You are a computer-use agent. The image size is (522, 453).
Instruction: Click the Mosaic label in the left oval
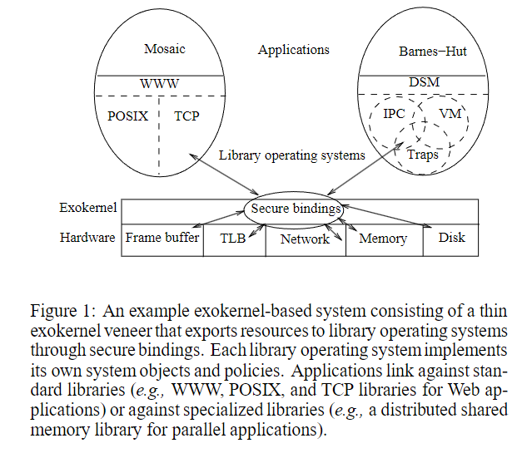click(x=165, y=49)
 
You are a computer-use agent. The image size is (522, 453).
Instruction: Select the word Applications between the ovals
click(x=293, y=50)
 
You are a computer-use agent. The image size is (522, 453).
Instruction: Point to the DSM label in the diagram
click(x=425, y=82)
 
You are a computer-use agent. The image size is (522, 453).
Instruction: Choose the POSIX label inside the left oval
click(x=128, y=116)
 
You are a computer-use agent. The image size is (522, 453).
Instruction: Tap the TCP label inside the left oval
click(x=186, y=116)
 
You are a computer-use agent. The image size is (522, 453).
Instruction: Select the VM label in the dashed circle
click(x=449, y=112)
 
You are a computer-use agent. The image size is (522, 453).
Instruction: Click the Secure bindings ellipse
click(x=296, y=209)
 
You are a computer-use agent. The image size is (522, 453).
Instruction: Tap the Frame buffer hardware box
click(x=162, y=238)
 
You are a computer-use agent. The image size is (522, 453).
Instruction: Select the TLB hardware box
click(x=232, y=239)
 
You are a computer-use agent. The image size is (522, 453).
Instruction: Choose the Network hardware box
click(x=305, y=239)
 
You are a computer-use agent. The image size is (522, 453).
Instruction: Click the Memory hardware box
click(x=383, y=239)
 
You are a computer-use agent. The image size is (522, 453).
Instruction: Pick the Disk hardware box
click(x=451, y=238)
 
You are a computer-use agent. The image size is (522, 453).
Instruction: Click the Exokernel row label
click(x=88, y=208)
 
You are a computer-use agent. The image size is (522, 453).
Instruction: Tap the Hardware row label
click(x=87, y=238)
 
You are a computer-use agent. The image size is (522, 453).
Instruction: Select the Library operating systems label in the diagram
click(x=291, y=155)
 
